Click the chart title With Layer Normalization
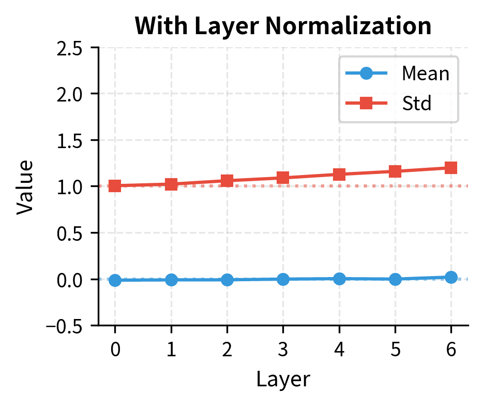(283, 26)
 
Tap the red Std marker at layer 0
(115, 186)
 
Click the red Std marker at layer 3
(283, 178)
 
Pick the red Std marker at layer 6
(451, 168)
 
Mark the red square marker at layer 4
(339, 175)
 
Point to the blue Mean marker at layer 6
(451, 277)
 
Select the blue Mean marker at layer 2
(227, 280)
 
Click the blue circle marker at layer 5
(395, 279)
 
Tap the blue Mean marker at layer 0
(115, 280)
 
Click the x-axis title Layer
(283, 379)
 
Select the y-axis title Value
(25, 186)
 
